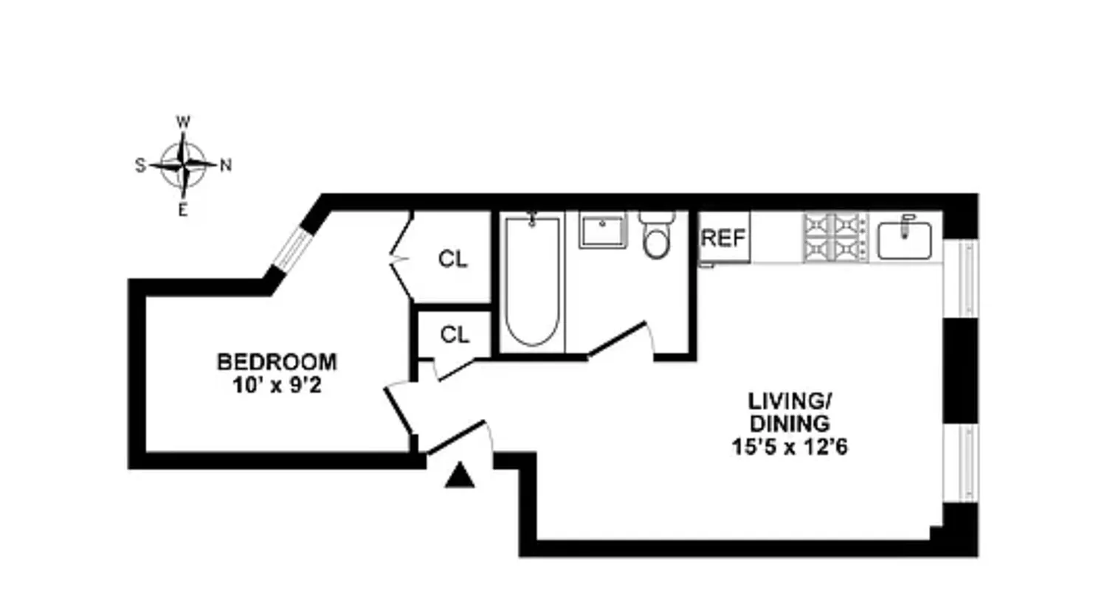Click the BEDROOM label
coord(276,362)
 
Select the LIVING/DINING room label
coord(790,412)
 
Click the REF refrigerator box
coord(724,237)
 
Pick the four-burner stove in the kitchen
coord(835,237)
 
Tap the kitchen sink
coord(904,240)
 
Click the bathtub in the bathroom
coord(532,280)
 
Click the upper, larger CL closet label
coord(452,259)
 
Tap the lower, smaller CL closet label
coord(455,335)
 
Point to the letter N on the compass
coord(226,165)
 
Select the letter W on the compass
coord(183,122)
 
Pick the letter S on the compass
coord(139,165)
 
